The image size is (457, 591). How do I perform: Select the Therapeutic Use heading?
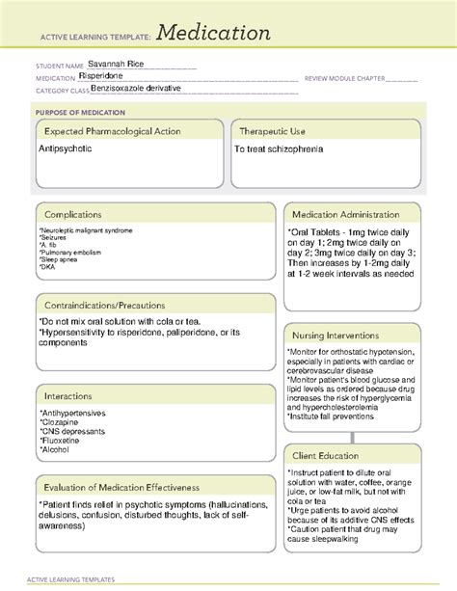[276, 131]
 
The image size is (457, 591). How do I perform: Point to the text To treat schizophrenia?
[279, 150]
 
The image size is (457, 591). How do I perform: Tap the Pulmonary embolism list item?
[72, 253]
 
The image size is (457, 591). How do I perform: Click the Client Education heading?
[326, 454]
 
